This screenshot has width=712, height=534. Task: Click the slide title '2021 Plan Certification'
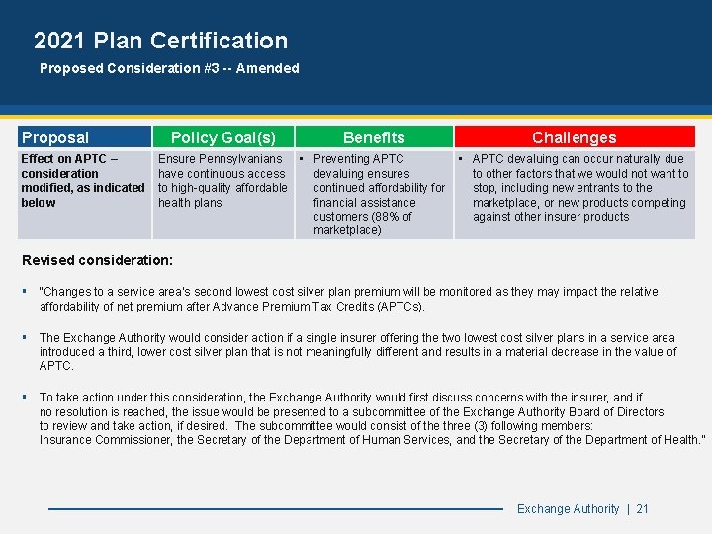[x=160, y=41]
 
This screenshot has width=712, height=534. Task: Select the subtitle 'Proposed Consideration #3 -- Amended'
[x=168, y=68]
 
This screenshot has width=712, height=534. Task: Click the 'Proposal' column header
[x=55, y=137]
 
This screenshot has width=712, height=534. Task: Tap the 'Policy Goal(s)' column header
[x=223, y=137]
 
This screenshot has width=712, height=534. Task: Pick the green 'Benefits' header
[x=374, y=137]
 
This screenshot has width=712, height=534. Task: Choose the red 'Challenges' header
[x=574, y=137]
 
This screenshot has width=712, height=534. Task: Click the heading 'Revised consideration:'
[x=97, y=260]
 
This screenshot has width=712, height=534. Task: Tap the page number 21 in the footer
[x=643, y=508]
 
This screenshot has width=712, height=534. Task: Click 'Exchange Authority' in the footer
[x=568, y=508]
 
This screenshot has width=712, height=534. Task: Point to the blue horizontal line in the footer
[x=277, y=508]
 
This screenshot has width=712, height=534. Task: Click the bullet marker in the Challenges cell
[x=462, y=159]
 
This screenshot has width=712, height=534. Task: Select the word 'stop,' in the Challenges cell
[x=486, y=188]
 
